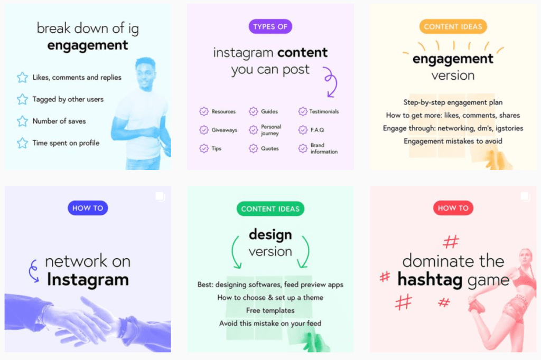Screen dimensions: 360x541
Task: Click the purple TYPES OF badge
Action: pos(270,26)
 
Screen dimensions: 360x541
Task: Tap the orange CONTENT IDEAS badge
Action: pos(453,26)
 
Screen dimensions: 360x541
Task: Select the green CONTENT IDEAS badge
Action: pos(270,209)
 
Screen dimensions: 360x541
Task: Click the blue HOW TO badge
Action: pos(88,208)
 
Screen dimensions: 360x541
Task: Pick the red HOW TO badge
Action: pos(453,208)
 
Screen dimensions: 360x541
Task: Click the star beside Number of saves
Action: pos(22,121)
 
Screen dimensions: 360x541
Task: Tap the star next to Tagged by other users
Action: pos(22,99)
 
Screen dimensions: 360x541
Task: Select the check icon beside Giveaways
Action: pos(203,130)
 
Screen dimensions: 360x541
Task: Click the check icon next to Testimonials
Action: pos(302,111)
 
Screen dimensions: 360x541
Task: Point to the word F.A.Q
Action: pos(318,130)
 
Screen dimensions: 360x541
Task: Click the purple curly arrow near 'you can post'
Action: pos(330,82)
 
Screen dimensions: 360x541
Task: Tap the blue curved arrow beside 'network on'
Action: pos(33,271)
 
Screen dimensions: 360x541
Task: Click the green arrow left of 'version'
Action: pos(236,253)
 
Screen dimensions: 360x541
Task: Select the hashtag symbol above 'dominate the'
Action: pos(451,242)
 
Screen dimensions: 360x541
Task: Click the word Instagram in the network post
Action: pos(88,279)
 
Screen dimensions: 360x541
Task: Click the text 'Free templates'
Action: pos(270,310)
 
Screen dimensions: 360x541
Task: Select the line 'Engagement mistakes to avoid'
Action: pos(453,141)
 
